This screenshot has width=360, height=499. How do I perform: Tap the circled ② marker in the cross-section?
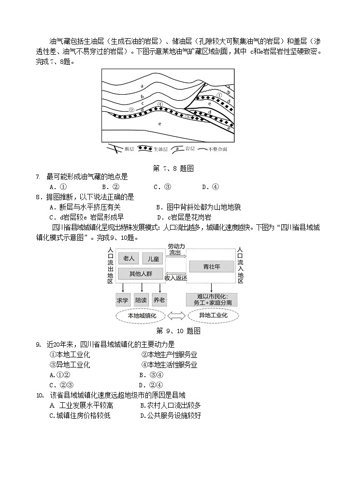(131, 109)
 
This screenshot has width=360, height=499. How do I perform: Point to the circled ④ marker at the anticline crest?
(160, 104)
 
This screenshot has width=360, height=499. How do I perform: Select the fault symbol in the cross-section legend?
(114, 148)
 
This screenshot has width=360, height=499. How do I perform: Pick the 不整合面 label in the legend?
(217, 149)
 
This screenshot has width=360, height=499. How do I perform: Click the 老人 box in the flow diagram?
(129, 259)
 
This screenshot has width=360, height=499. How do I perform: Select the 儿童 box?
(153, 259)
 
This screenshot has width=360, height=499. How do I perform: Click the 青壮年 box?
(212, 266)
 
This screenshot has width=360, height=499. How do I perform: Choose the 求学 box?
(123, 300)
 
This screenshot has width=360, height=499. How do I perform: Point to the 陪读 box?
(141, 300)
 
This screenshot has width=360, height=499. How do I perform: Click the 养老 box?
(159, 300)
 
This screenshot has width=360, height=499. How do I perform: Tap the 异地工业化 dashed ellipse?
(214, 316)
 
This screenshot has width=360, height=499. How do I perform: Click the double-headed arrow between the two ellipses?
(176, 316)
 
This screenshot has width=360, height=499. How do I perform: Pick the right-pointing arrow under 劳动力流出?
(175, 257)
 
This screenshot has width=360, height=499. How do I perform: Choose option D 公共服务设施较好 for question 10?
(171, 415)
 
